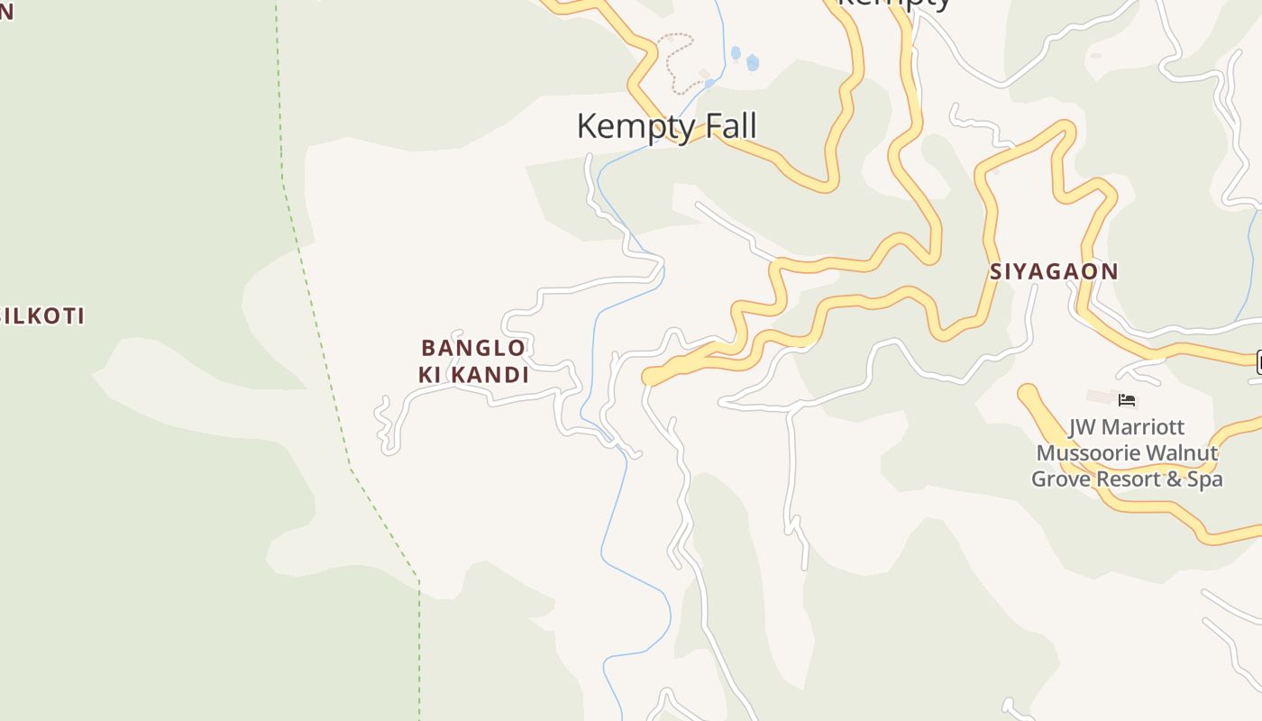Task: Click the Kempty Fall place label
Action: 666,126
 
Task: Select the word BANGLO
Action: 473,348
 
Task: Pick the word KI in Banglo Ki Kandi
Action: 430,375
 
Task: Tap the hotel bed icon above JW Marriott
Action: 1127,400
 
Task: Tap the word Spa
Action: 1205,479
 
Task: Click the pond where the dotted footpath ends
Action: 710,84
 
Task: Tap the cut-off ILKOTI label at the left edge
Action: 42,316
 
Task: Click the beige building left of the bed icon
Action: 1101,397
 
